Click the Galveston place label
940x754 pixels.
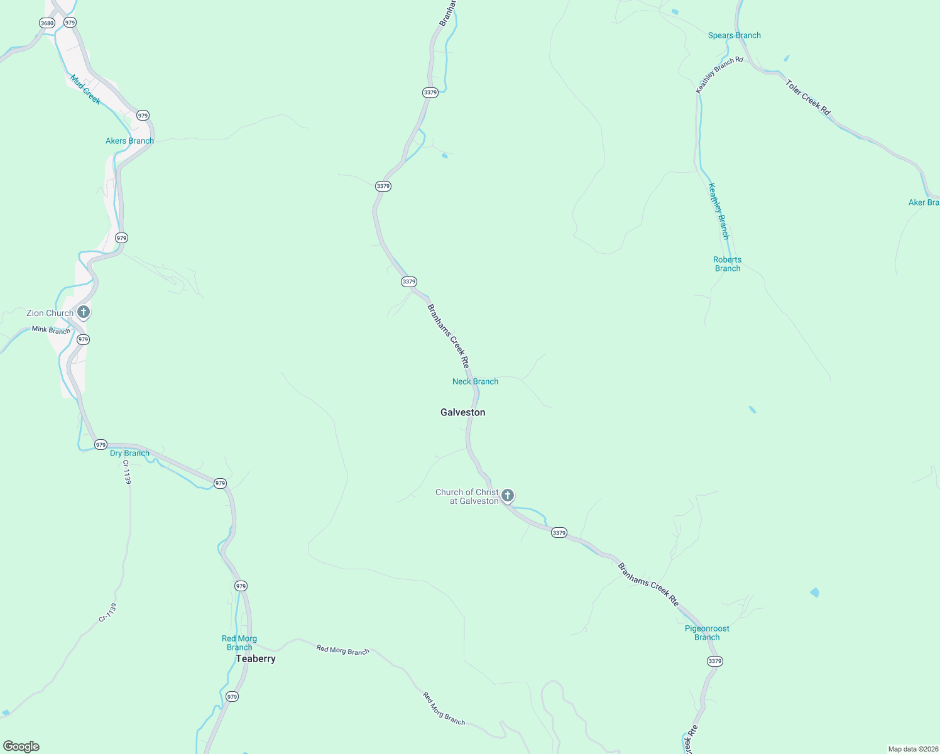pos(463,412)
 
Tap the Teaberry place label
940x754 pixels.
pos(256,658)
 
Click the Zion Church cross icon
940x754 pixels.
pos(84,312)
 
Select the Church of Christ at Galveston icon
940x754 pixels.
pos(508,496)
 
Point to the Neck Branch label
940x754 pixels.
pos(475,381)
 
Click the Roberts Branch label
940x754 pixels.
pos(727,264)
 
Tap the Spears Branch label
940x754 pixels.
pos(734,35)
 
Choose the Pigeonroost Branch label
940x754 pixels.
pos(707,633)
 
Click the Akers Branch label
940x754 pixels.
pos(129,141)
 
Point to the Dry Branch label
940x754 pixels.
pos(129,453)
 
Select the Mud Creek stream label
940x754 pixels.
pos(85,90)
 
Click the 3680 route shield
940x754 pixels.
pos(47,23)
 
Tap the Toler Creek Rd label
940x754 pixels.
pos(808,97)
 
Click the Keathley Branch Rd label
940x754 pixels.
pos(719,75)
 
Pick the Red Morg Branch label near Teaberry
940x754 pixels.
pos(239,643)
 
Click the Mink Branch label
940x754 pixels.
pos(51,330)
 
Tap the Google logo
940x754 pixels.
pos(21,746)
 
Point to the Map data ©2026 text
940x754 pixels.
pos(913,749)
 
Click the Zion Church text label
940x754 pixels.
pos(50,313)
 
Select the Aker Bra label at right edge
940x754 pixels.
pos(924,202)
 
